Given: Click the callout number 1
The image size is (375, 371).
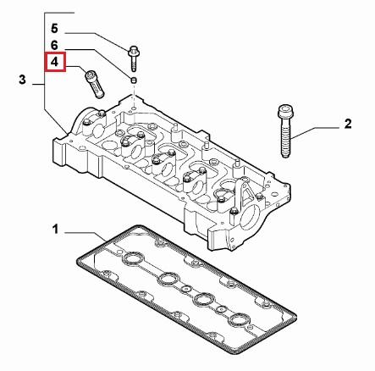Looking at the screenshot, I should pos(56,229).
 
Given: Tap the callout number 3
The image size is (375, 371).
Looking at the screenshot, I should pos(23,80).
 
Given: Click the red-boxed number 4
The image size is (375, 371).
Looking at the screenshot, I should pos(55,62).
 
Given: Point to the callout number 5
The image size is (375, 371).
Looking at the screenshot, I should pos(55,26).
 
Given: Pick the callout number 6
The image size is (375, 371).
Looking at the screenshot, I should pos(55,44).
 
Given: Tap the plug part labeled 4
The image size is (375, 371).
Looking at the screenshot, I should pos(91,81).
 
